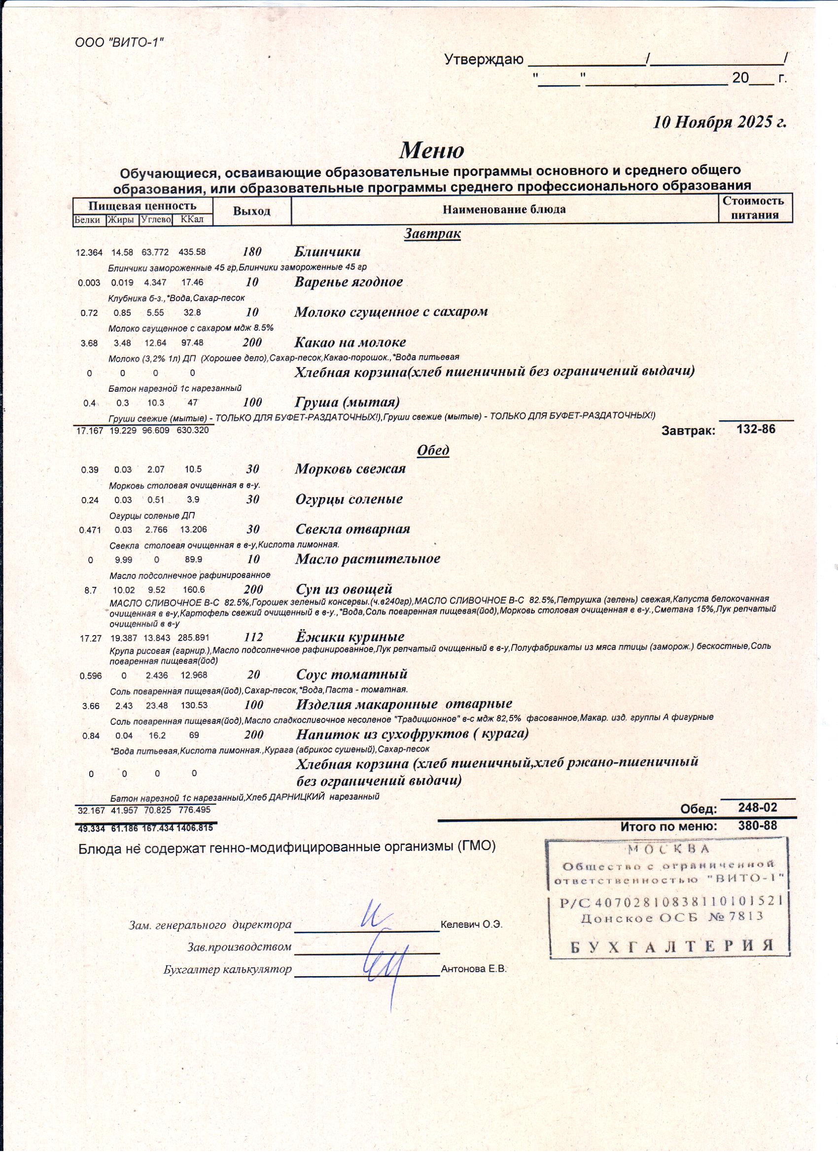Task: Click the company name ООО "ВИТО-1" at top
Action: pyautogui.click(x=119, y=43)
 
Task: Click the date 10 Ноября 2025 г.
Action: pyautogui.click(x=719, y=122)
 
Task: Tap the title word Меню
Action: pyautogui.click(x=431, y=150)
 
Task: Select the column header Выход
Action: pyautogui.click(x=251, y=211)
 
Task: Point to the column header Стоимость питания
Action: pyautogui.click(x=755, y=208)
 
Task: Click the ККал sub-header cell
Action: pyautogui.click(x=192, y=220)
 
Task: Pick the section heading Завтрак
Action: pyautogui.click(x=432, y=234)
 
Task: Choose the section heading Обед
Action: pyautogui.click(x=433, y=450)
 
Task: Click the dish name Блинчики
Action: pyautogui.click(x=327, y=251)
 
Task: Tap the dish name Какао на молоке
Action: pyautogui.click(x=350, y=342)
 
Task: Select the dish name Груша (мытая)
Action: pyautogui.click(x=347, y=402)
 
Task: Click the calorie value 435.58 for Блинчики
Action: pyautogui.click(x=192, y=252)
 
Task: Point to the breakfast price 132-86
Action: pyautogui.click(x=756, y=429)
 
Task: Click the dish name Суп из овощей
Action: pyautogui.click(x=344, y=589)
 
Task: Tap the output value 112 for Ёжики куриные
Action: pyautogui.click(x=253, y=637)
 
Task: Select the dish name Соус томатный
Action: pyautogui.click(x=351, y=675)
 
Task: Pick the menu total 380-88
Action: pyautogui.click(x=757, y=826)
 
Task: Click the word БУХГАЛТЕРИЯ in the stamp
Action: pyautogui.click(x=671, y=946)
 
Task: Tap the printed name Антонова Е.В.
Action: pyautogui.click(x=474, y=969)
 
